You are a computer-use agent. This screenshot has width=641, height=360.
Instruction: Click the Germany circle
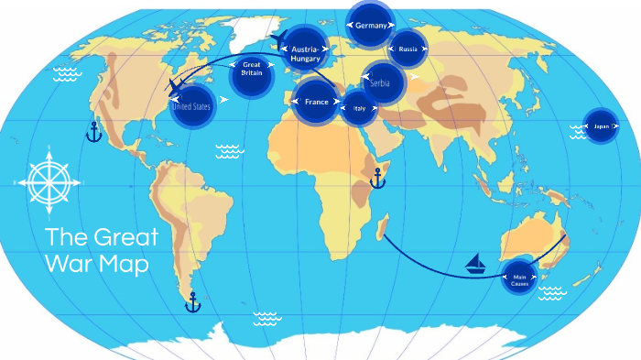coord(372,25)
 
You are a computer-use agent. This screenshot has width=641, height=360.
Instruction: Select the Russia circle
coord(407,49)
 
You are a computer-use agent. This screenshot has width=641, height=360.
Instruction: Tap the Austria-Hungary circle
coord(305,54)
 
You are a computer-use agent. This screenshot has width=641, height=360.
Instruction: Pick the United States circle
coord(192,106)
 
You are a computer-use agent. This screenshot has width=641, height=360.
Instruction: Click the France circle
coord(317,102)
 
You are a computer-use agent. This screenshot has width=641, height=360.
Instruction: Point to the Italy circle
coord(359,108)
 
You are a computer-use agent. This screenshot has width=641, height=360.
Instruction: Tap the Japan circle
coord(601,126)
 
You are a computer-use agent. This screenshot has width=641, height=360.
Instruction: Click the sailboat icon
coord(476,265)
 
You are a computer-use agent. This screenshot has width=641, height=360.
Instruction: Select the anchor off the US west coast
coord(92,131)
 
